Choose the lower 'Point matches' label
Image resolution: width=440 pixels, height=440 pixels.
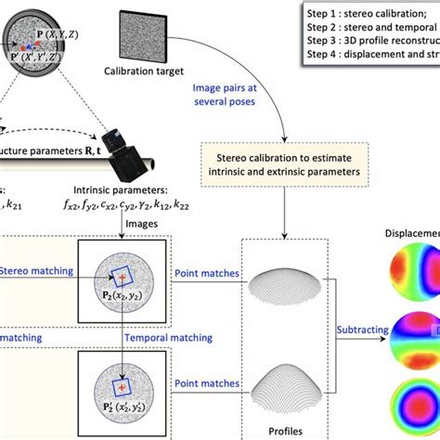(x=205, y=382)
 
